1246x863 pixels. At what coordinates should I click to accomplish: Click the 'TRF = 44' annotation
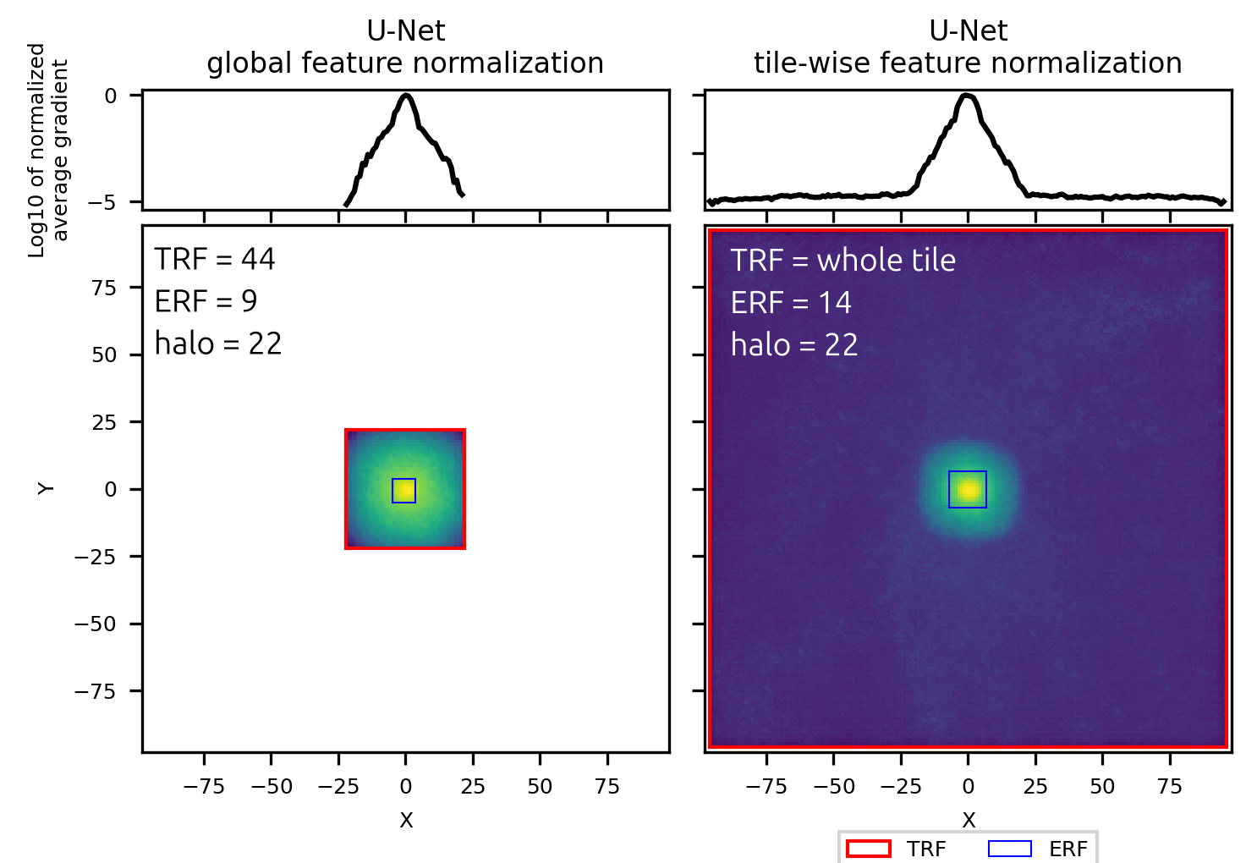click(215, 259)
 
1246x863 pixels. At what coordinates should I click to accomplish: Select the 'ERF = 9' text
click(206, 301)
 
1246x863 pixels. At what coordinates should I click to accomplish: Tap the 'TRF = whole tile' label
click(843, 261)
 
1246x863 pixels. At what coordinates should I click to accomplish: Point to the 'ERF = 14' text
click(791, 303)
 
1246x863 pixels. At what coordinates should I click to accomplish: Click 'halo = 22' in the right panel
click(794, 345)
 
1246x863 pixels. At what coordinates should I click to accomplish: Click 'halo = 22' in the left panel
click(218, 344)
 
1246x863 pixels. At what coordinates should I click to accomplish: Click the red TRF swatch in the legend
click(868, 849)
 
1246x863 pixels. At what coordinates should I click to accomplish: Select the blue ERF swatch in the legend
click(1009, 849)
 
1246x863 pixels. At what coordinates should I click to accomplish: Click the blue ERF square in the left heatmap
click(403, 491)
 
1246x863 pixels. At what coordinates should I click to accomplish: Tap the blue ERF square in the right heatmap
click(968, 489)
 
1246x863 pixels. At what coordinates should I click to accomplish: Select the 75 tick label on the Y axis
click(104, 288)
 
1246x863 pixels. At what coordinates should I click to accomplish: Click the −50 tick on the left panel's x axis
click(271, 786)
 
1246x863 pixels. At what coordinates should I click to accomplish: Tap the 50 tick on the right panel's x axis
click(1102, 786)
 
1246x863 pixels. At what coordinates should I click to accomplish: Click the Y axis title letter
click(47, 488)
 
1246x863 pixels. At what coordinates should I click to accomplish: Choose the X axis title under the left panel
click(406, 820)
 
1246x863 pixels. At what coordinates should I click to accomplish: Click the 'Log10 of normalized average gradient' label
click(48, 150)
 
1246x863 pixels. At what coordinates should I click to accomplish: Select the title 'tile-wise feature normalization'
click(968, 63)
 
